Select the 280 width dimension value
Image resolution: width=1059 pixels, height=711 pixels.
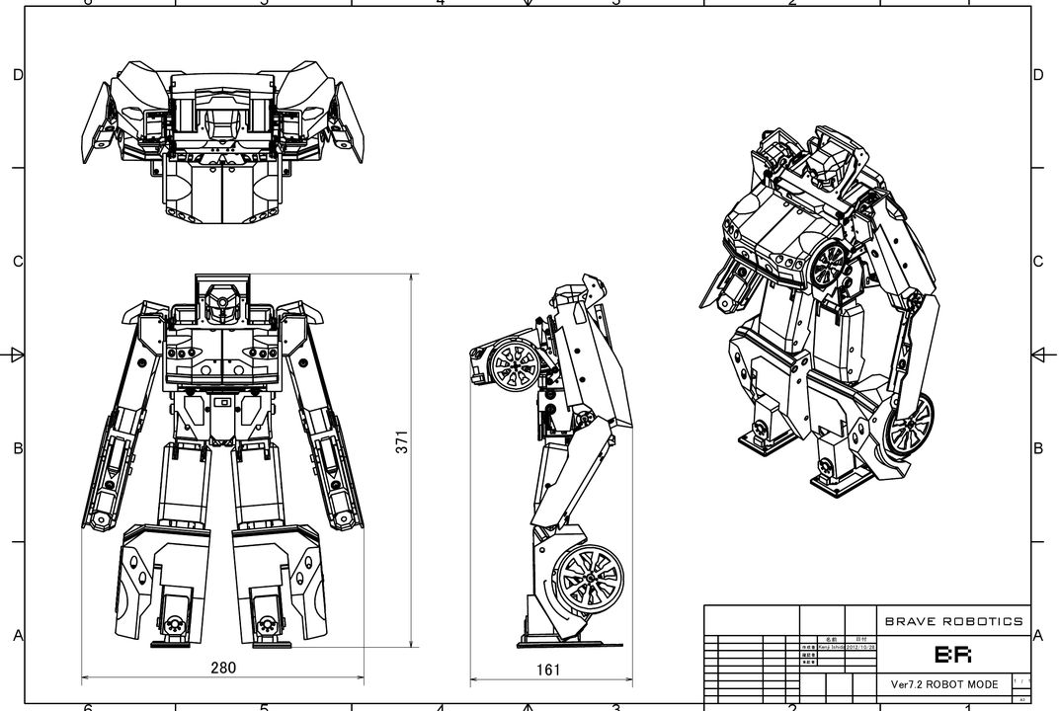pyautogui.click(x=223, y=668)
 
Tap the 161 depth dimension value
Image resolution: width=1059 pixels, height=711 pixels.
pyautogui.click(x=548, y=671)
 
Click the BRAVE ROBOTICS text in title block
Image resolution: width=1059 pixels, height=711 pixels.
pyautogui.click(x=953, y=621)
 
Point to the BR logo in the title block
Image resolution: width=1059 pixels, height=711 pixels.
pyautogui.click(x=953, y=655)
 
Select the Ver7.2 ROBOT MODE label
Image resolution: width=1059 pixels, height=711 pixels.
pyautogui.click(x=943, y=684)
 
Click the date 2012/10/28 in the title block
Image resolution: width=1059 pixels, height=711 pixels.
pyautogui.click(x=860, y=647)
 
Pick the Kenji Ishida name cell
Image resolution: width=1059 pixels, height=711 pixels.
pyautogui.click(x=830, y=647)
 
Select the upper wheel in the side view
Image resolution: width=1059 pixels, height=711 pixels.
pyautogui.click(x=517, y=364)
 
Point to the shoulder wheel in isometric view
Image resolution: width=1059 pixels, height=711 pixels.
pyautogui.click(x=830, y=266)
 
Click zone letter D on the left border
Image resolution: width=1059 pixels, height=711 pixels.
pyautogui.click(x=17, y=75)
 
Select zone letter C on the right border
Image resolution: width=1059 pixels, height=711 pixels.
pyautogui.click(x=1037, y=262)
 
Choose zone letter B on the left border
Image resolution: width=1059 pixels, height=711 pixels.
pyautogui.click(x=17, y=448)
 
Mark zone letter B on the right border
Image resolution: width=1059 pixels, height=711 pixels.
pyautogui.click(x=1037, y=448)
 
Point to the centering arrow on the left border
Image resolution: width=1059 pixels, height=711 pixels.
pyautogui.click(x=16, y=355)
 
